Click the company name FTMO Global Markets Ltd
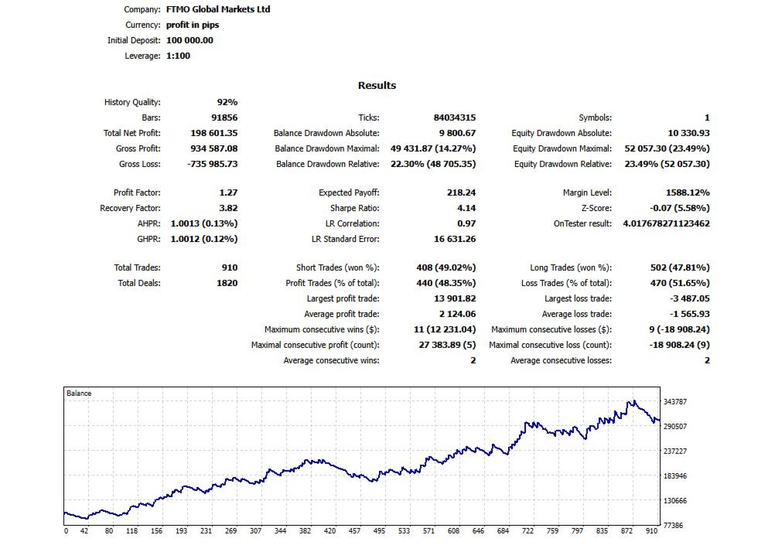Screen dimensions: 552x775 point(218,10)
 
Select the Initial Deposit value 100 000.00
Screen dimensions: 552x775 point(189,40)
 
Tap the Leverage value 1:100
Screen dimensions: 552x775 point(178,56)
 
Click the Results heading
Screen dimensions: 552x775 point(377,86)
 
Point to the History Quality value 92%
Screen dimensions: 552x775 point(227,102)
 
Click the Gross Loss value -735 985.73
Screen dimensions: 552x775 point(213,164)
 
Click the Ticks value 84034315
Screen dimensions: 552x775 point(454,118)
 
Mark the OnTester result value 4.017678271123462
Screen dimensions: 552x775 point(666,223)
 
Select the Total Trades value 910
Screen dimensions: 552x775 point(230,267)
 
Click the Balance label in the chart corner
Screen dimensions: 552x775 point(79,394)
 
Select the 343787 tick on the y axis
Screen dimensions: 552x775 point(676,401)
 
